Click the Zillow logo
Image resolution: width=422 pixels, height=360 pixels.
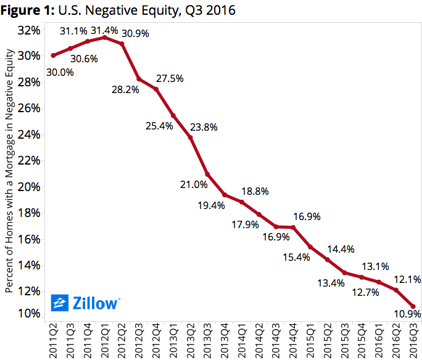pos(85,303)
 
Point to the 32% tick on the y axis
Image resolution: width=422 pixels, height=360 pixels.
pos(30,30)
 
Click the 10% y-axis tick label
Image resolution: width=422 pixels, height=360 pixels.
pos(30,313)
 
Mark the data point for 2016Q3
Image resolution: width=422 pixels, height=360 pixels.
pos(413,306)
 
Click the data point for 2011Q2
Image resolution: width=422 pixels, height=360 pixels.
pos(53,55)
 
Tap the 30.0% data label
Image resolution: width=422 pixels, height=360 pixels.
pos(59,72)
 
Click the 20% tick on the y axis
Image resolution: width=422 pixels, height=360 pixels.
pos(30,187)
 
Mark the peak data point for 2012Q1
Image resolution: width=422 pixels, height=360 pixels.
pos(105,38)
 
